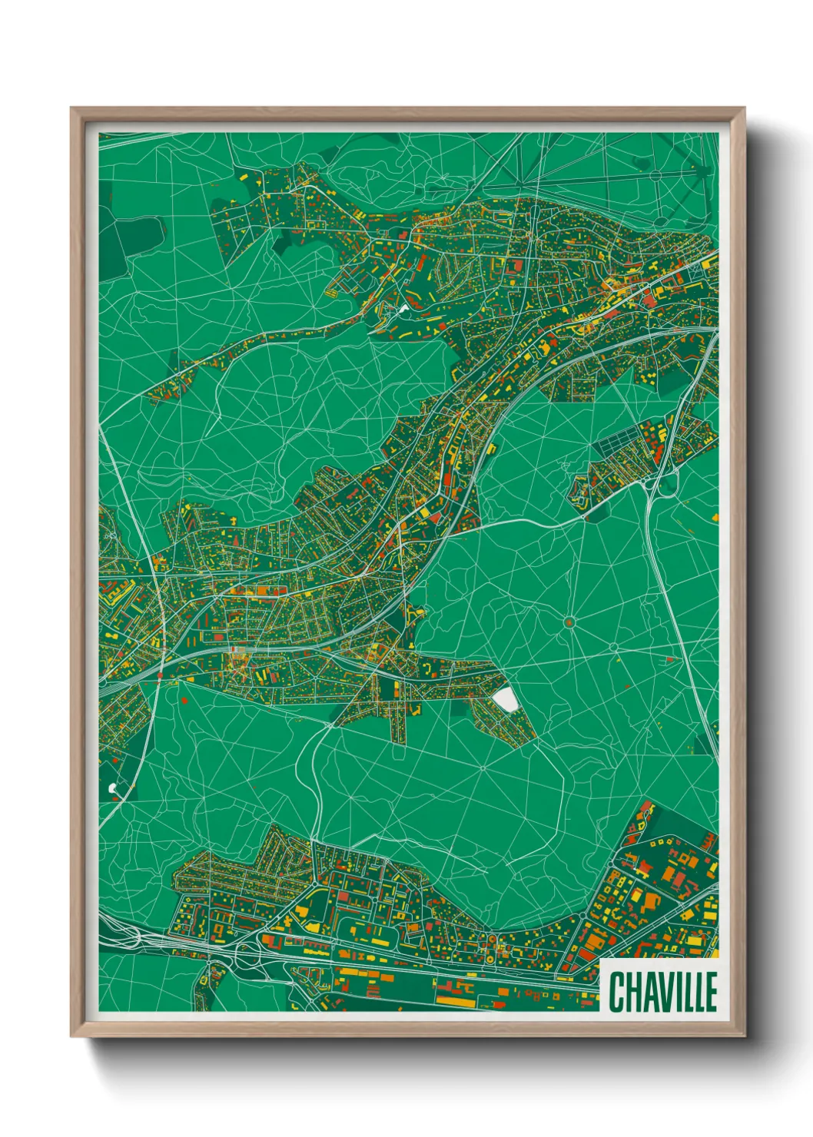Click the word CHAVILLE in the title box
click(x=662, y=991)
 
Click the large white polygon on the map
click(x=506, y=699)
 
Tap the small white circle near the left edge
click(x=113, y=787)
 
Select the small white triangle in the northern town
click(x=403, y=310)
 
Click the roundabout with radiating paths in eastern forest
click(x=569, y=622)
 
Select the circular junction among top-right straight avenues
click(x=655, y=176)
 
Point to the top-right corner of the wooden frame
click(x=743, y=109)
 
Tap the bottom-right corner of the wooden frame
click(x=743, y=1036)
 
